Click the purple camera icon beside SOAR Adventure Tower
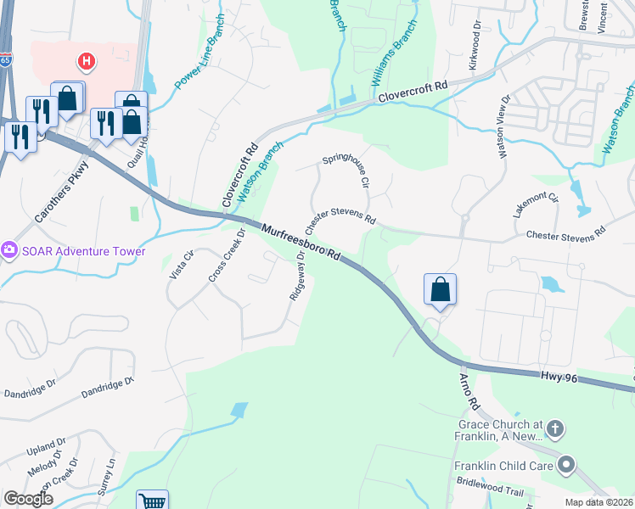point(9,250)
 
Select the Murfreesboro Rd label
point(301,242)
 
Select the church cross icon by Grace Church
point(555,428)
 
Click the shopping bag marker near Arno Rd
point(441,289)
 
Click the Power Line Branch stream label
point(199,64)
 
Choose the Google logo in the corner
point(28,499)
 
